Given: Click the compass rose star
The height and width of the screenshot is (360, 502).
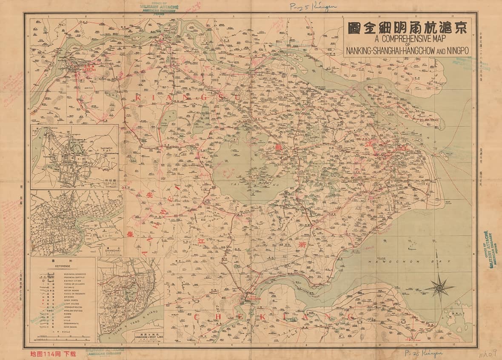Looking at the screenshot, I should coord(439,287).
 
